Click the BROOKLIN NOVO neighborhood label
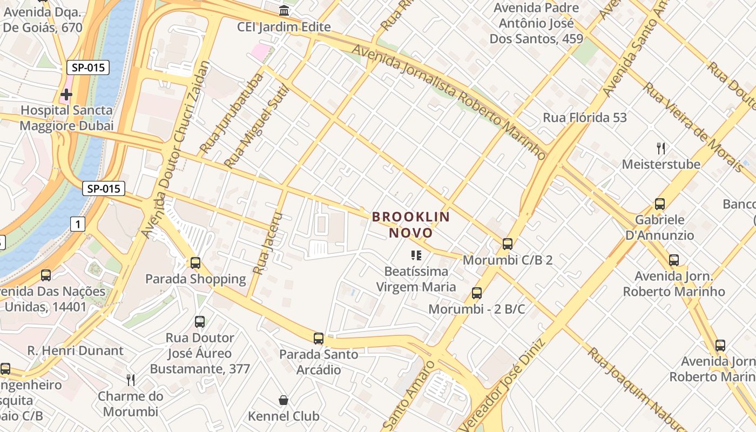pyautogui.click(x=410, y=225)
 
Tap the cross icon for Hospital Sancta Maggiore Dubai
pyautogui.click(x=66, y=94)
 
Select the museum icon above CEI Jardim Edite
pyautogui.click(x=284, y=11)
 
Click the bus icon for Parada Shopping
pyautogui.click(x=195, y=263)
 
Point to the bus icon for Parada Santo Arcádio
pyautogui.click(x=319, y=339)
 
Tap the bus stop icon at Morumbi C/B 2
pyautogui.click(x=508, y=244)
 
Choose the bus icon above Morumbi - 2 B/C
pyautogui.click(x=477, y=293)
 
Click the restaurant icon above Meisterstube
pyautogui.click(x=660, y=148)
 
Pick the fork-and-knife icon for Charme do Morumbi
pyautogui.click(x=131, y=380)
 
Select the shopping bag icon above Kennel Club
pyautogui.click(x=283, y=400)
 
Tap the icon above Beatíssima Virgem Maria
pyautogui.click(x=416, y=255)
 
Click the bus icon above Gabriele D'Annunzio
pyautogui.click(x=659, y=204)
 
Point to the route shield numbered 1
pyautogui.click(x=78, y=224)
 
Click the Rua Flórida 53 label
pyautogui.click(x=585, y=117)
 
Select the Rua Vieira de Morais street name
pyautogui.click(x=693, y=127)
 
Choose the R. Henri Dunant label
pyautogui.click(x=76, y=350)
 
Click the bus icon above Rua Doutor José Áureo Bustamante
pyautogui.click(x=200, y=322)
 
